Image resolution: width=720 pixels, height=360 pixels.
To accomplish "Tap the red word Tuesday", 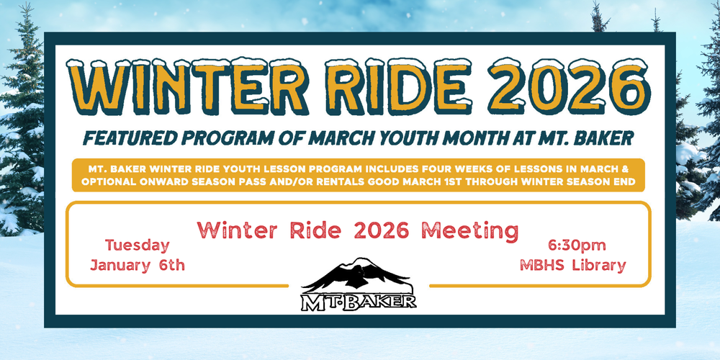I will [138, 245].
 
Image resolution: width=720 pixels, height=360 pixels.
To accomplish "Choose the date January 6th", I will [138, 265].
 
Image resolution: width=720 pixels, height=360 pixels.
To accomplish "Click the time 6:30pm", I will [572, 245].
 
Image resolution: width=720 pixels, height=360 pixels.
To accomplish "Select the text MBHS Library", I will [572, 265].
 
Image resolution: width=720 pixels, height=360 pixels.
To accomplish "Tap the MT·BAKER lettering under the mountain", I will [358, 300].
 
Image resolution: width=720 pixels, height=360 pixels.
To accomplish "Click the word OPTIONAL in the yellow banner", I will [114, 182].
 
